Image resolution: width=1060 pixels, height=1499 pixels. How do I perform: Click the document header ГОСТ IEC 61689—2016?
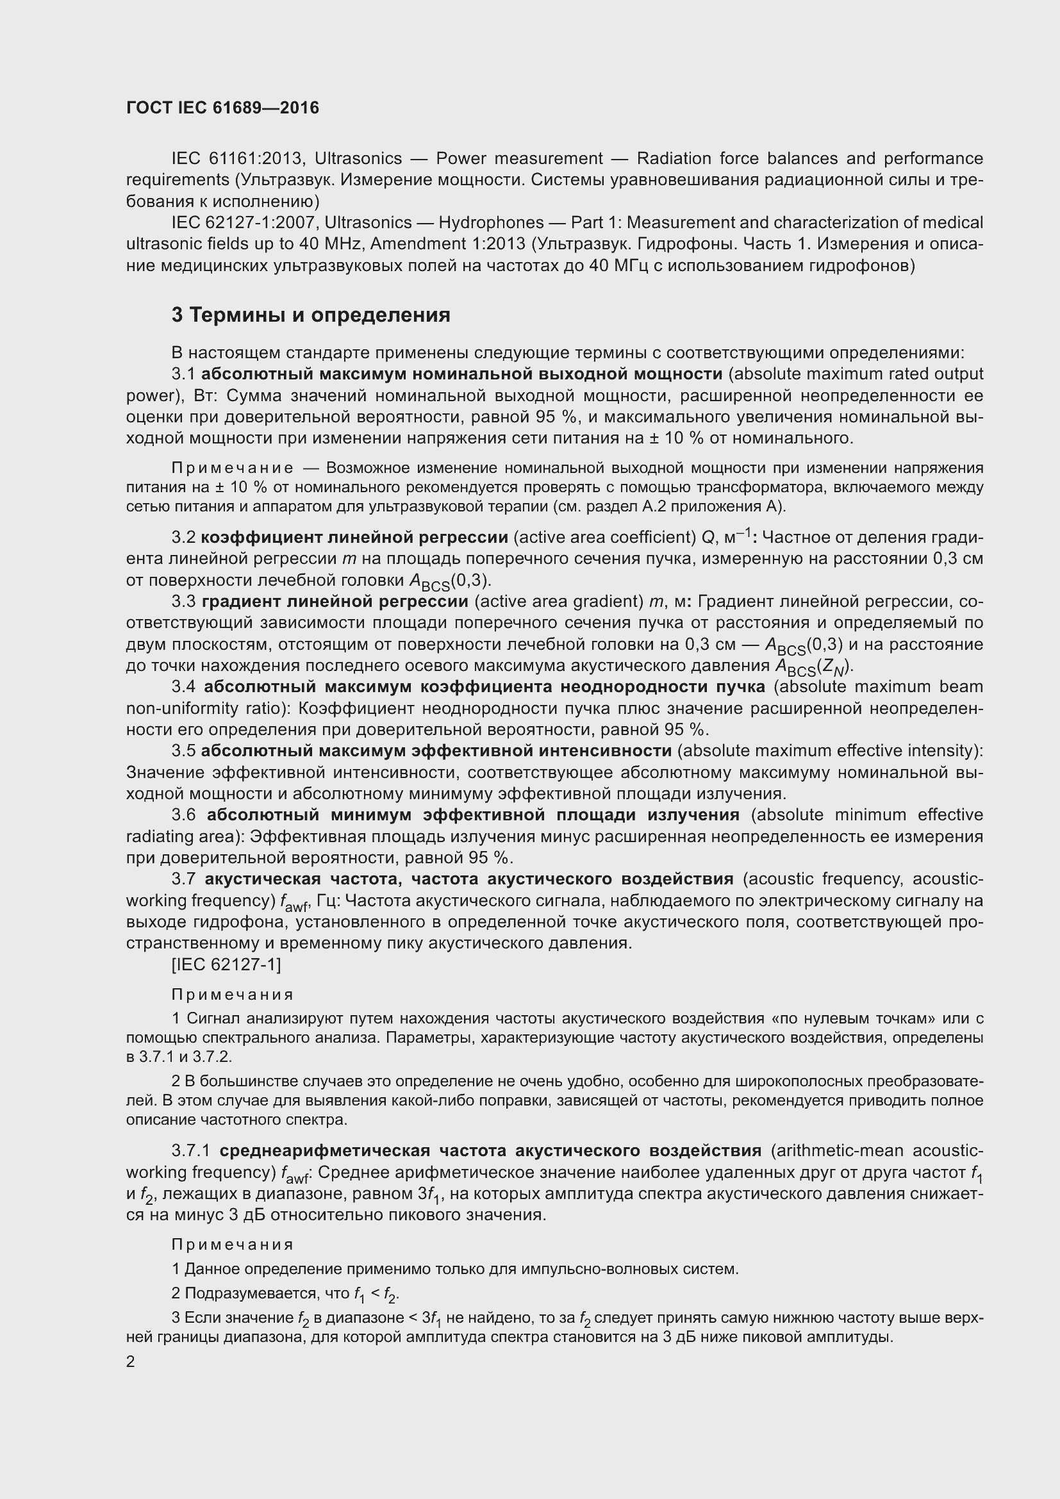click(222, 108)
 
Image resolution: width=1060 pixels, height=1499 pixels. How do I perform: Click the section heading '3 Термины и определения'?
click(311, 315)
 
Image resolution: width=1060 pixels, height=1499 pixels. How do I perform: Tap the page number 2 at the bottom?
click(131, 1362)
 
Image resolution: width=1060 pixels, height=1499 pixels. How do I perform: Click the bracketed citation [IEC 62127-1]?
click(226, 965)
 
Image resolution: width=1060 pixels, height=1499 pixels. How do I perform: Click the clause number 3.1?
click(183, 374)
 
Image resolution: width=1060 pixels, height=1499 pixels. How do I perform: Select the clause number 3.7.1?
click(190, 1150)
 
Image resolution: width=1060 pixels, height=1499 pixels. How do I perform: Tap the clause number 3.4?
click(183, 687)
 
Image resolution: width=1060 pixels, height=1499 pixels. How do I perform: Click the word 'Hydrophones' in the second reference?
click(491, 222)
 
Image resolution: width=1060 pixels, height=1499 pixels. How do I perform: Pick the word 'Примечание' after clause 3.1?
click(232, 468)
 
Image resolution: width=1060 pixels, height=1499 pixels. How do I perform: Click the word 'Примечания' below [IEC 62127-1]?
click(233, 995)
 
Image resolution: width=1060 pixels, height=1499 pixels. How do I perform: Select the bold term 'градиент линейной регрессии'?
click(335, 601)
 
